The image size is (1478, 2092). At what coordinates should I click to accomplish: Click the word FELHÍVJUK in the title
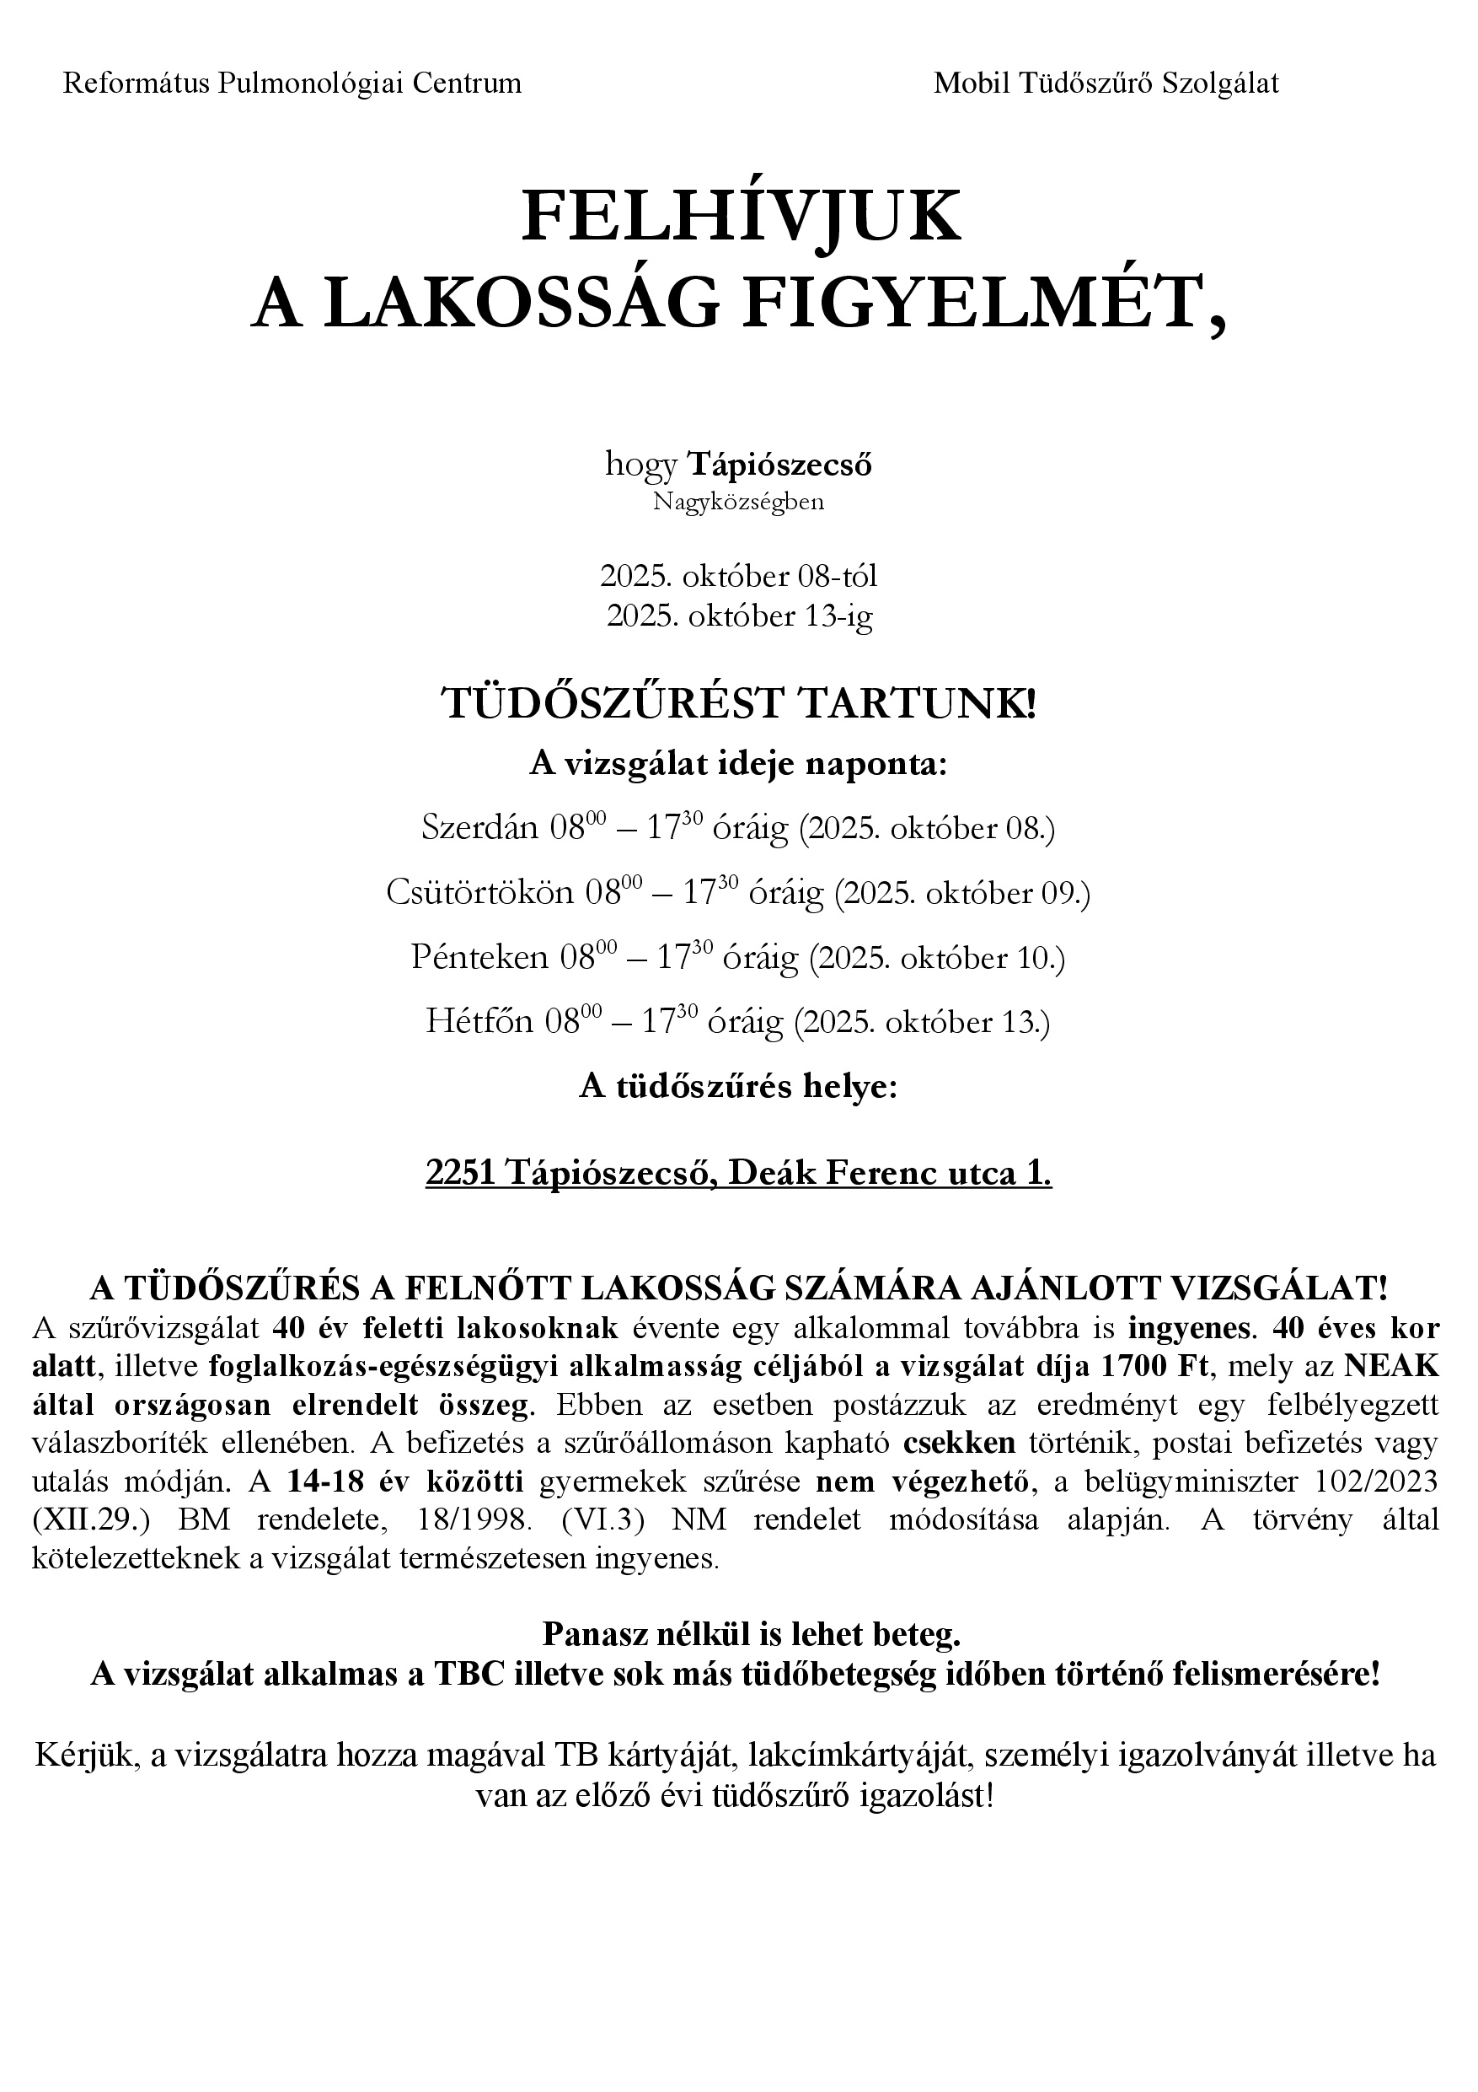(740, 216)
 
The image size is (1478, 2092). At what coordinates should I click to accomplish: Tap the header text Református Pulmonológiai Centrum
(292, 83)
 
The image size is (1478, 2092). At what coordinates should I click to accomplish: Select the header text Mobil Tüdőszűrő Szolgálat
(1106, 83)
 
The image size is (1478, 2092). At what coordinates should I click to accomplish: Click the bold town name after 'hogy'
(779, 465)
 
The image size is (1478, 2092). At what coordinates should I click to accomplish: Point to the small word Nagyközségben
(738, 502)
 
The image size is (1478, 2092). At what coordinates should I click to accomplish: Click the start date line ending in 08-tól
(738, 576)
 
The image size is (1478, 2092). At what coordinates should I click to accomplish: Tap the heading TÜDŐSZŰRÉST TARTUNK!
(738, 704)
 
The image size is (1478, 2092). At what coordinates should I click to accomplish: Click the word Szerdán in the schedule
(480, 827)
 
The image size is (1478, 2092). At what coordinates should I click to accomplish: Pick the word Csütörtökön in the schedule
(479, 893)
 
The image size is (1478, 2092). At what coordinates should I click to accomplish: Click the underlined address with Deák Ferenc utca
(738, 1175)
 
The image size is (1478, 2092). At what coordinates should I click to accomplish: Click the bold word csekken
(959, 1444)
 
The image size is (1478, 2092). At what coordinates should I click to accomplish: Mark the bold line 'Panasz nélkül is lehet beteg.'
(752, 1635)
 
